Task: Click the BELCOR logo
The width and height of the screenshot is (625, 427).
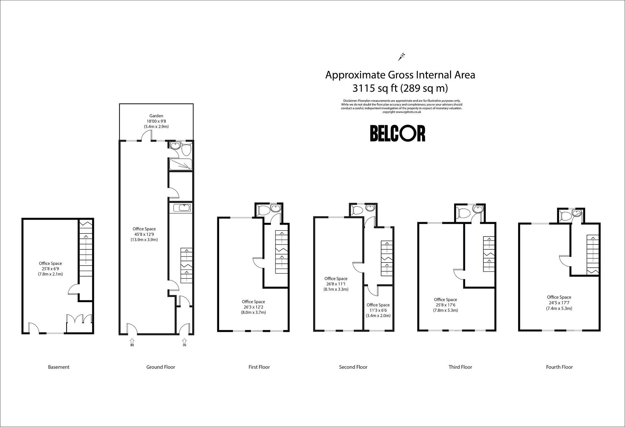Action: coord(398,133)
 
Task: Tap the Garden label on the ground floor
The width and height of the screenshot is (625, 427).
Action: coord(156,116)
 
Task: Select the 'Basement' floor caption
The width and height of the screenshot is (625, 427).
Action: coord(59,367)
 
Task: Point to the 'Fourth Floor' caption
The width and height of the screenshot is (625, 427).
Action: coord(559,367)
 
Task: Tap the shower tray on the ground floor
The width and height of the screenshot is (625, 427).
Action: coord(180,164)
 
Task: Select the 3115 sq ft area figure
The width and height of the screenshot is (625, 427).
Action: coord(375,88)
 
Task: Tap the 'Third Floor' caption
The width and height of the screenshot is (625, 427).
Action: coord(460,367)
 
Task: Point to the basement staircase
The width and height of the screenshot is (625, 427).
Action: coord(86,249)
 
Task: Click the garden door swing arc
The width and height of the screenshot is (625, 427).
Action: coord(148,135)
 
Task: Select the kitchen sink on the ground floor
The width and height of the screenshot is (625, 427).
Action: coord(182,208)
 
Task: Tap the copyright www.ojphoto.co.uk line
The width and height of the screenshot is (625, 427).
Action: coord(402,112)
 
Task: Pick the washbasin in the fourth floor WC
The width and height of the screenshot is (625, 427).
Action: coord(577,213)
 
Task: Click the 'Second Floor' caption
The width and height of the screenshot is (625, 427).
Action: coord(353,367)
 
